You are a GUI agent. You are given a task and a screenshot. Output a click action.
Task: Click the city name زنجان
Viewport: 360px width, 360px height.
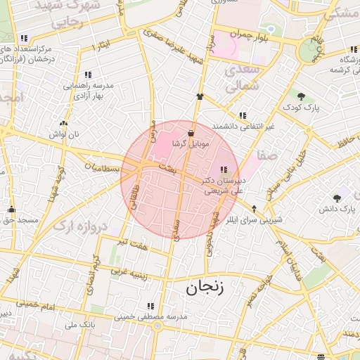(x=204, y=287)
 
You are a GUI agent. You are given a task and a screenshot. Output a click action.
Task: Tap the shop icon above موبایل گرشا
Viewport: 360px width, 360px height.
(x=191, y=133)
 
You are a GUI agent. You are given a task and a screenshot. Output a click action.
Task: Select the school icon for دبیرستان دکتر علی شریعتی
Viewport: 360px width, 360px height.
(x=224, y=169)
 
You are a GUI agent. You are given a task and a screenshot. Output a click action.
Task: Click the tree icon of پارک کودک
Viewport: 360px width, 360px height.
(x=302, y=96)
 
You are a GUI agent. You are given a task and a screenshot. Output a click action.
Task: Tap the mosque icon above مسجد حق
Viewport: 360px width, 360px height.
(x=11, y=209)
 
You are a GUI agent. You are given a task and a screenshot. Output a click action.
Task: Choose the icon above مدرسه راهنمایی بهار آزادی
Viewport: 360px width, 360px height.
(x=88, y=74)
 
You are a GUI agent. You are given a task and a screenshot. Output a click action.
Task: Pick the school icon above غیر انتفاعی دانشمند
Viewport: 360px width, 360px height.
(x=243, y=115)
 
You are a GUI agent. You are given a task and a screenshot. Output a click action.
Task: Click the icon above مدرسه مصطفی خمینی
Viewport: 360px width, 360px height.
(x=150, y=306)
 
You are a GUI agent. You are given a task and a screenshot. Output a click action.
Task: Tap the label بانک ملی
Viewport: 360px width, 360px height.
(x=79, y=325)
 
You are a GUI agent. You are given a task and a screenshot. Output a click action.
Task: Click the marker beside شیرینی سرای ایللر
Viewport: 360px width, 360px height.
(x=254, y=207)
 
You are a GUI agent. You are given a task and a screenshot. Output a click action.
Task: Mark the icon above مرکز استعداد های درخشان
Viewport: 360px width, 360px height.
(x=25, y=38)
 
